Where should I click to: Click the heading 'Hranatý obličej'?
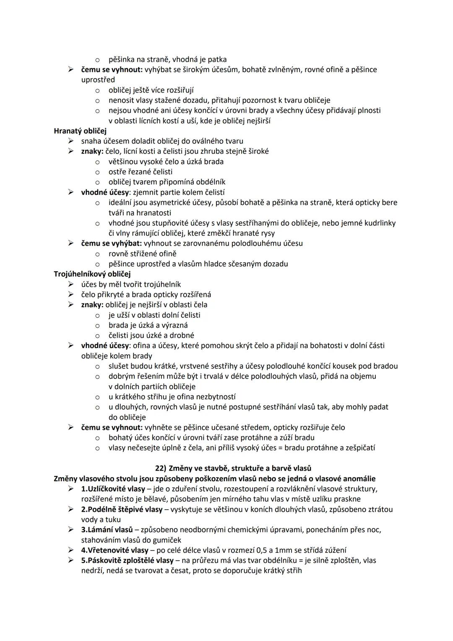[80, 131]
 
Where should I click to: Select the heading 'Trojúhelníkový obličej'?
[92, 274]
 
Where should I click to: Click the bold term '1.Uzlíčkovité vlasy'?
[113, 489]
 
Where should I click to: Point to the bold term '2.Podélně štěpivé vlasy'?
[122, 510]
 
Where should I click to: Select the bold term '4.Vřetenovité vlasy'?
[115, 550]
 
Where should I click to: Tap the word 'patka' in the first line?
[217, 60]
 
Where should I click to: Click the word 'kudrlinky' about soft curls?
[379, 223]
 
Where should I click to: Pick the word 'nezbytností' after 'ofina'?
[215, 397]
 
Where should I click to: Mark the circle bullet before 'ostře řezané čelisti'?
[97, 172]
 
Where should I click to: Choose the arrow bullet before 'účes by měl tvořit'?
[71, 285]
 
